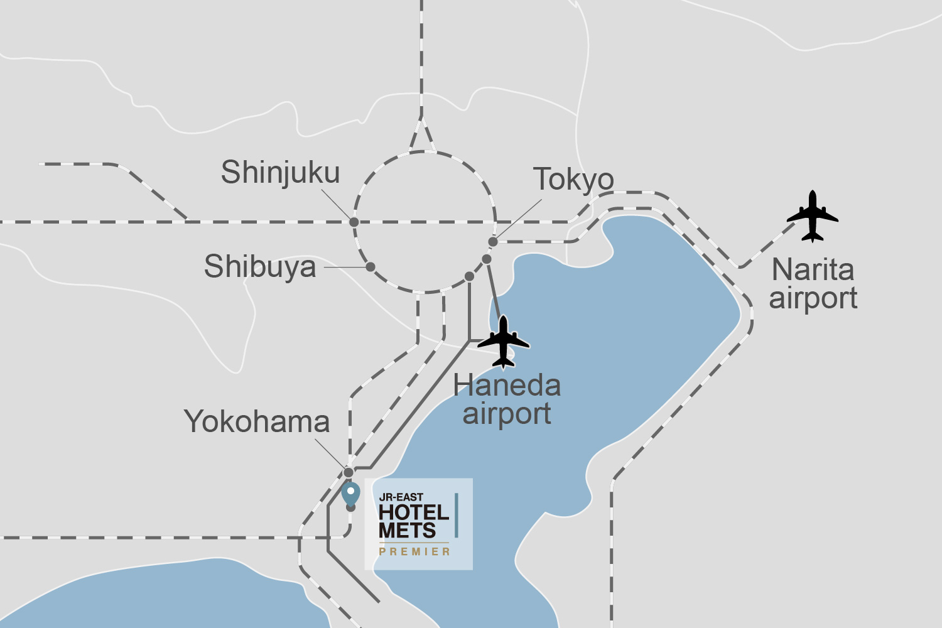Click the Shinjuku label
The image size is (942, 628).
click(280, 172)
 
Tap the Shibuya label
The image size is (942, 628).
click(260, 266)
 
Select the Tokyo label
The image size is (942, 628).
click(573, 180)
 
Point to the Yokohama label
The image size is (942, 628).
click(257, 421)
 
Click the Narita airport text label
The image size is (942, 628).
click(813, 284)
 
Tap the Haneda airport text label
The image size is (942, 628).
click(507, 399)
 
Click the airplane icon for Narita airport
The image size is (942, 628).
click(813, 216)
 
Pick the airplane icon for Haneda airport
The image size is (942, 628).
click(503, 342)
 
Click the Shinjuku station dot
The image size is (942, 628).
click(354, 222)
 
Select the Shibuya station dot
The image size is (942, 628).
click(371, 267)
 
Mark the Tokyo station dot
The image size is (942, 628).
click(493, 242)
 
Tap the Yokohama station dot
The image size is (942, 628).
click(349, 472)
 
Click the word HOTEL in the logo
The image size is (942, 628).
click(414, 512)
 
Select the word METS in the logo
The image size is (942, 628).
click(407, 531)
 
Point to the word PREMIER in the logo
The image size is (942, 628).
click(414, 551)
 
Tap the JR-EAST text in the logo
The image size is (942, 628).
click(401, 497)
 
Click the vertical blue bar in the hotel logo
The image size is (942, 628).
click(457, 515)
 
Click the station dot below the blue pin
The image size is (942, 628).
click(350, 507)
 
